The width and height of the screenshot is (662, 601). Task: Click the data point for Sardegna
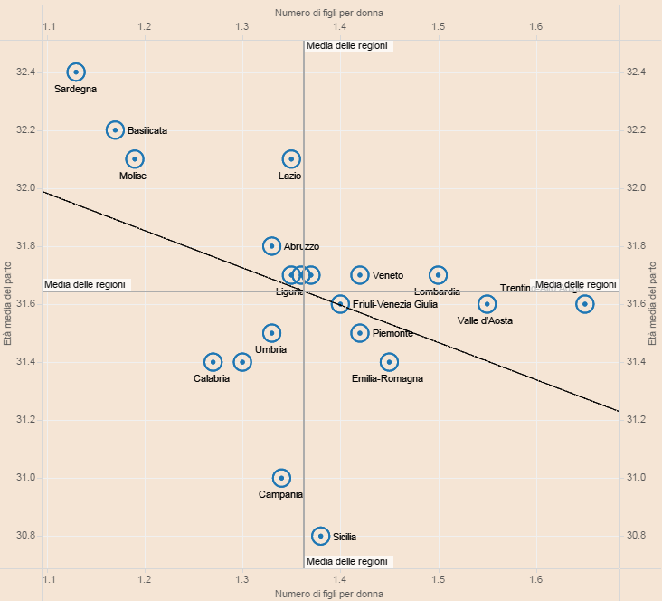pos(76,72)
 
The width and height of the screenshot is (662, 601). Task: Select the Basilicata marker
pos(115,129)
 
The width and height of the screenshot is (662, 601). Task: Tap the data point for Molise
pos(135,158)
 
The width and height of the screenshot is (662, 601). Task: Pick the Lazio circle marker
pos(291,158)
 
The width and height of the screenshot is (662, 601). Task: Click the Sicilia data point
pos(320,536)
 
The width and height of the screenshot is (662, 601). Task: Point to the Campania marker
pos(281,478)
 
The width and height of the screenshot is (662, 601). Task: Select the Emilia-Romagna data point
pos(389,362)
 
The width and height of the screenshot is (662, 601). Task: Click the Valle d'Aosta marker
pos(487,304)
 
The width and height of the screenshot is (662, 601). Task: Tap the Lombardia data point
pos(438,275)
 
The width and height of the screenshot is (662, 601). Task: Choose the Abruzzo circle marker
pos(271,246)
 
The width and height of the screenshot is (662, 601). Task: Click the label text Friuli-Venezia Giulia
pos(394,305)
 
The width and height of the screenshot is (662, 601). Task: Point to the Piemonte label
pos(392,333)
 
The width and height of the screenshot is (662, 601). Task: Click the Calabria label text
pos(212,378)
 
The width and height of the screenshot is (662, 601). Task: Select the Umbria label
pos(270,349)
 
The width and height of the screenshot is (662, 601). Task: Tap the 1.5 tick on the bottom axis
pos(438,578)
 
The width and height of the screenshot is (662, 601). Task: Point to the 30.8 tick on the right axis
pos(637,536)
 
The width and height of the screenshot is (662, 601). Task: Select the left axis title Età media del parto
pos(8,304)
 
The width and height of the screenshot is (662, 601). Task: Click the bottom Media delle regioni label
pos(347,561)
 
